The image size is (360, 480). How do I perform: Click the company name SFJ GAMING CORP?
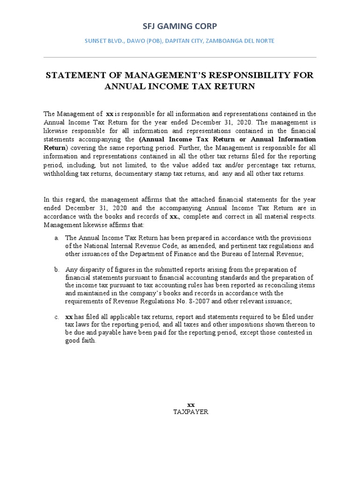180,26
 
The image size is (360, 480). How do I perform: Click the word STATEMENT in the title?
73,75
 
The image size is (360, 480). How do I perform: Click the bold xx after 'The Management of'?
110,114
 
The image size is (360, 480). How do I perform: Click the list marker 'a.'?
56,238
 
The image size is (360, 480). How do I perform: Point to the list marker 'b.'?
56,270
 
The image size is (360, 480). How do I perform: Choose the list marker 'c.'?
56,317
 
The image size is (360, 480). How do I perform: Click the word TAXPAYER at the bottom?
190,412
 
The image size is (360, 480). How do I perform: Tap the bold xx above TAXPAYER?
191,405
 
